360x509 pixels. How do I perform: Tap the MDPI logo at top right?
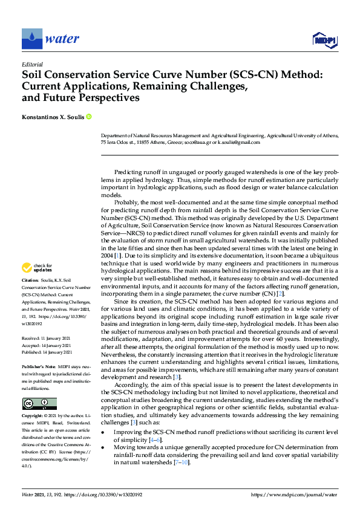[324, 40]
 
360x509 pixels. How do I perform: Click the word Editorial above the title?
[32, 64]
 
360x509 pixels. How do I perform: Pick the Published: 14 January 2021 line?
[47, 352]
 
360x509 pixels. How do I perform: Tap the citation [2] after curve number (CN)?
[280, 310]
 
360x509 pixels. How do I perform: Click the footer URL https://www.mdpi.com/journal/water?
[293, 494]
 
